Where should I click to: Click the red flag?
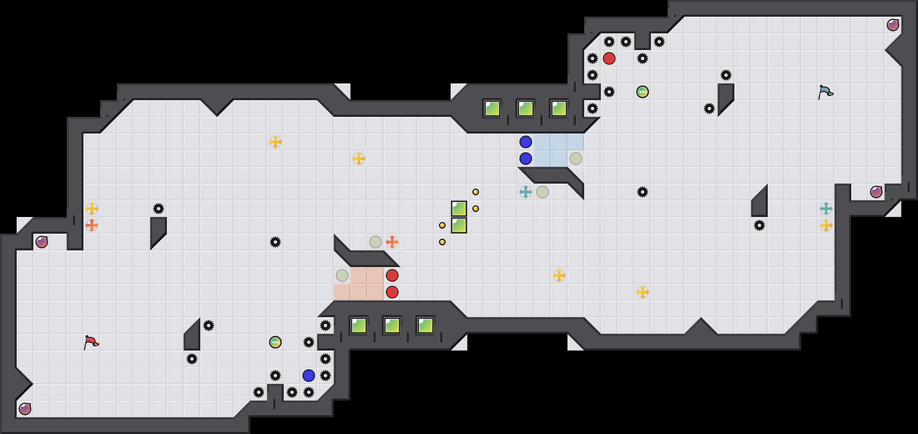[x=91, y=343]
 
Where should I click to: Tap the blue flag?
[x=825, y=92]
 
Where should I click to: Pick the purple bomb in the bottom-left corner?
[x=25, y=409]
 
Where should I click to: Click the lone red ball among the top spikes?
[x=609, y=58]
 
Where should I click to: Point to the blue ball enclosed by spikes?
[x=309, y=376]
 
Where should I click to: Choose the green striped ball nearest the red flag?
[x=275, y=342]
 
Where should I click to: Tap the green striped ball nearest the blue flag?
[x=643, y=92]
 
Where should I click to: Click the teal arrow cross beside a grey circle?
[x=526, y=192]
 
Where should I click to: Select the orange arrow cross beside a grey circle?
[x=392, y=242]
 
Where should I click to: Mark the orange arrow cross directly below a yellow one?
[x=92, y=225]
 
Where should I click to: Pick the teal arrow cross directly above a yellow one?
[x=826, y=209]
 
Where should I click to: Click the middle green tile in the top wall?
[x=526, y=108]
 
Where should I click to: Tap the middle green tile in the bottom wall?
[x=392, y=325]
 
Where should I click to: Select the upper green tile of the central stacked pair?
[x=459, y=209]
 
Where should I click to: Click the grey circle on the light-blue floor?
[x=576, y=159]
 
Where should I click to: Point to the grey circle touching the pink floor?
[x=342, y=275]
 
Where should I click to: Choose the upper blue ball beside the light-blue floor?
[x=526, y=142]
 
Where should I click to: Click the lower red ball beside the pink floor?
[x=392, y=292]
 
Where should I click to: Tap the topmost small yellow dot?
[x=476, y=192]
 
